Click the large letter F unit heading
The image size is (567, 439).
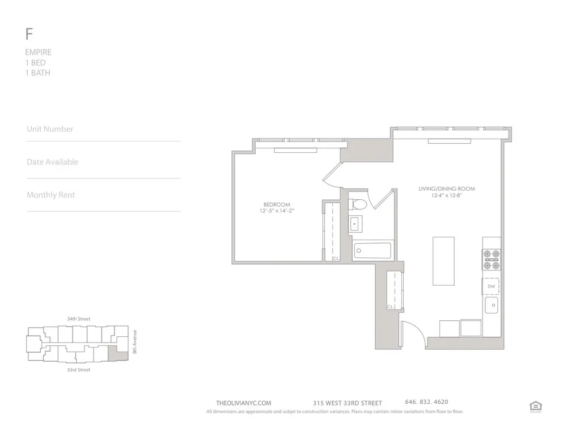[28, 34]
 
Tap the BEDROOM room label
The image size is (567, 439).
[277, 204]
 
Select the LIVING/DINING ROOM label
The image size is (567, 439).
[447, 189]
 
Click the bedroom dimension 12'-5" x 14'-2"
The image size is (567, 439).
[276, 211]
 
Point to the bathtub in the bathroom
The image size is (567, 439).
[373, 250]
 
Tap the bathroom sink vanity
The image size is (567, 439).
[356, 223]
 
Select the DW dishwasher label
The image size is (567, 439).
[491, 287]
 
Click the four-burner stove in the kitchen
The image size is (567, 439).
[491, 260]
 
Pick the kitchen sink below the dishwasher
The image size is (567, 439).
[492, 308]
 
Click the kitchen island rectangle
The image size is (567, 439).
[443, 261]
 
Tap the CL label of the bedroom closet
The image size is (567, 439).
[336, 258]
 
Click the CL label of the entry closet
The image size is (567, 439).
[391, 307]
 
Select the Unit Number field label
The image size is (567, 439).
[50, 129]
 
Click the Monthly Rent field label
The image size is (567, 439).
[50, 195]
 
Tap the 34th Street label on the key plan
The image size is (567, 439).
[79, 319]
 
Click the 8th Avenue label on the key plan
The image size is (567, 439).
[136, 342]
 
